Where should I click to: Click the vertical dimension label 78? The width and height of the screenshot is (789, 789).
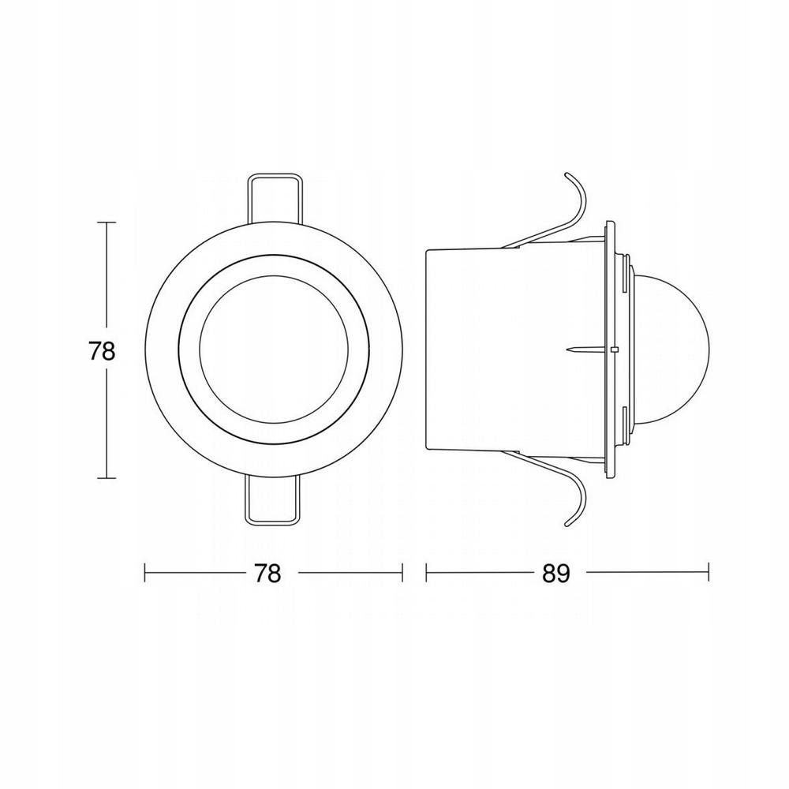pyautogui.click(x=102, y=351)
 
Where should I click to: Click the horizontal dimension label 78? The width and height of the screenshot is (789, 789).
pyautogui.click(x=267, y=573)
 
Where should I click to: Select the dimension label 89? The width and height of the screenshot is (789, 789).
pyautogui.click(x=556, y=573)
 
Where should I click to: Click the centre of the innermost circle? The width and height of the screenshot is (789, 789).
pyautogui.click(x=273, y=350)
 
